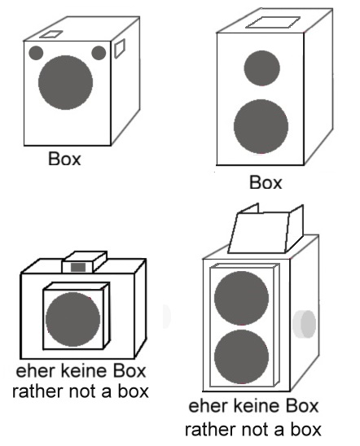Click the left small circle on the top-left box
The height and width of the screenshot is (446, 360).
pyautogui.click(x=36, y=53)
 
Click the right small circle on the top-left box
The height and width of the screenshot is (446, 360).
pyautogui.click(x=99, y=53)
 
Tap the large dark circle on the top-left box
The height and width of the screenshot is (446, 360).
pyautogui.click(x=65, y=82)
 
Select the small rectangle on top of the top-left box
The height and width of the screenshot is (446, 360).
pyautogui.click(x=51, y=34)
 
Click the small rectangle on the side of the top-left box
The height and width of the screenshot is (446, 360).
pyautogui.click(x=120, y=49)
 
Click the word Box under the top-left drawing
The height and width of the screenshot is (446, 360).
pyautogui.click(x=64, y=159)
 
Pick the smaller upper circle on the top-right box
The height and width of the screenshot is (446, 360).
pyautogui.click(x=261, y=68)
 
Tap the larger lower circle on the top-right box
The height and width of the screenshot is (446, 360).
pyautogui.click(x=261, y=127)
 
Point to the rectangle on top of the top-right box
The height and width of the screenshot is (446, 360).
pyautogui.click(x=273, y=23)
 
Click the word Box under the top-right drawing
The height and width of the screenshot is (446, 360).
pyautogui.click(x=266, y=182)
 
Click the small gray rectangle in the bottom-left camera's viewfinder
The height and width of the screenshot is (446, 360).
pyautogui.click(x=78, y=268)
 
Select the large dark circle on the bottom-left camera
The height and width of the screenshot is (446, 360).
pyautogui.click(x=72, y=319)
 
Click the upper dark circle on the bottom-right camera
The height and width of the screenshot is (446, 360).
pyautogui.click(x=241, y=298)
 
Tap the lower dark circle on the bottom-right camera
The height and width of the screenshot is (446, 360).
pyautogui.click(x=241, y=356)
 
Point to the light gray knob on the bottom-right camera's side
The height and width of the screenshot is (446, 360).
pyautogui.click(x=305, y=324)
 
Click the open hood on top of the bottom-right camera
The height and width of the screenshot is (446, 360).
pyautogui.click(x=266, y=229)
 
